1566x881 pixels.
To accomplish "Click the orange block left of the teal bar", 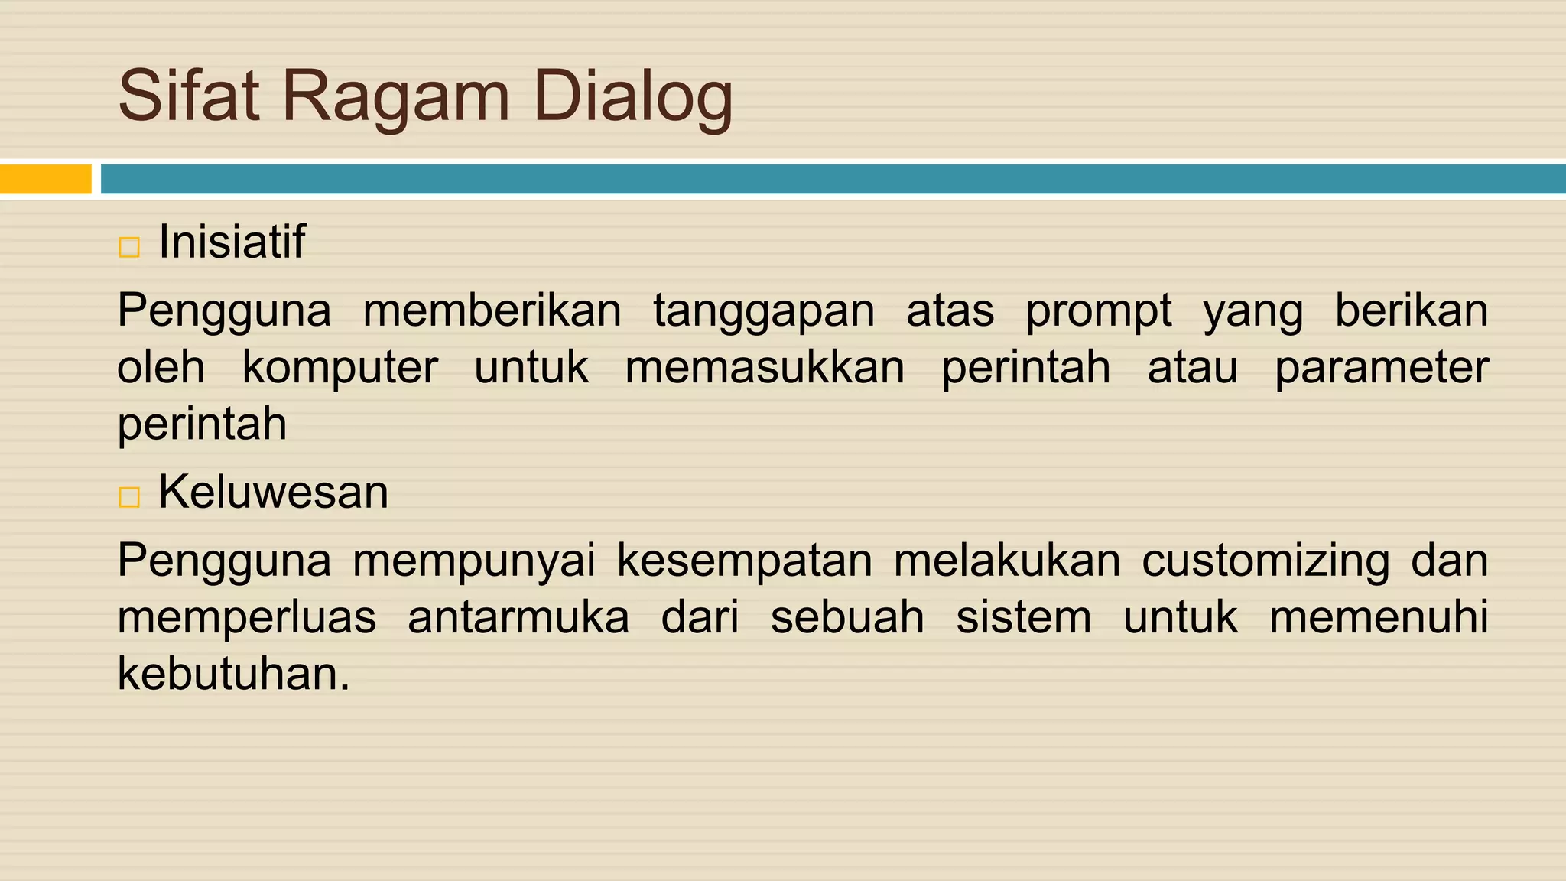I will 45,179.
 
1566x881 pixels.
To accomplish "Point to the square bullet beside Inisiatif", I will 129,247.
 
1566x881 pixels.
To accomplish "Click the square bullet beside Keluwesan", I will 129,497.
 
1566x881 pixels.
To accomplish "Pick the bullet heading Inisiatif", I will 231,242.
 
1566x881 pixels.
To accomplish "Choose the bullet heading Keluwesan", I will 273,492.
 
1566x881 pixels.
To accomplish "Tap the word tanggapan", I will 763,311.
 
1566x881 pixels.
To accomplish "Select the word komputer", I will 340,368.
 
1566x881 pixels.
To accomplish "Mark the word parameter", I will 1381,368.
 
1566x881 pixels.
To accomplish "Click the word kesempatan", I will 744,561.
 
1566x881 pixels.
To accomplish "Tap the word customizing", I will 1265,561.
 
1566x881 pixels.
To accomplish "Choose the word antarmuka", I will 518,617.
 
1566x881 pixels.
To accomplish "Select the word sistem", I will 1023,617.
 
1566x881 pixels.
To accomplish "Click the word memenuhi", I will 1379,617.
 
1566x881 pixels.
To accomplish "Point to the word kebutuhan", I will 233,674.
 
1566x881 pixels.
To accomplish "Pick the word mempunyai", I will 473,561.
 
